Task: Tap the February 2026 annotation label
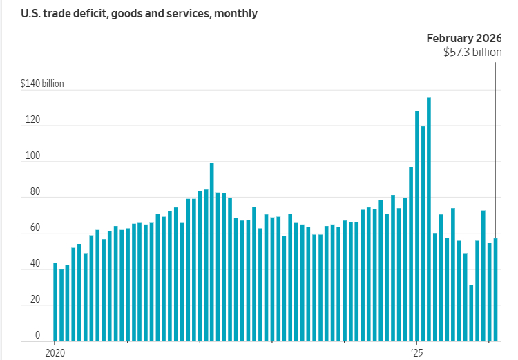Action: pos(463,38)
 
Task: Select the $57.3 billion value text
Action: pos(472,52)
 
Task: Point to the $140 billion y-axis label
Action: pos(42,84)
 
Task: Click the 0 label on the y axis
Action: pos(37,335)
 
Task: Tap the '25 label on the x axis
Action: pos(418,352)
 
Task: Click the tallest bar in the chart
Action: pos(429,221)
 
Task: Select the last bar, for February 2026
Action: pos(495,290)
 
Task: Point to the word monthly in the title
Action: pos(238,13)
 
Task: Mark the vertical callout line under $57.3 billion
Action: pos(495,138)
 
